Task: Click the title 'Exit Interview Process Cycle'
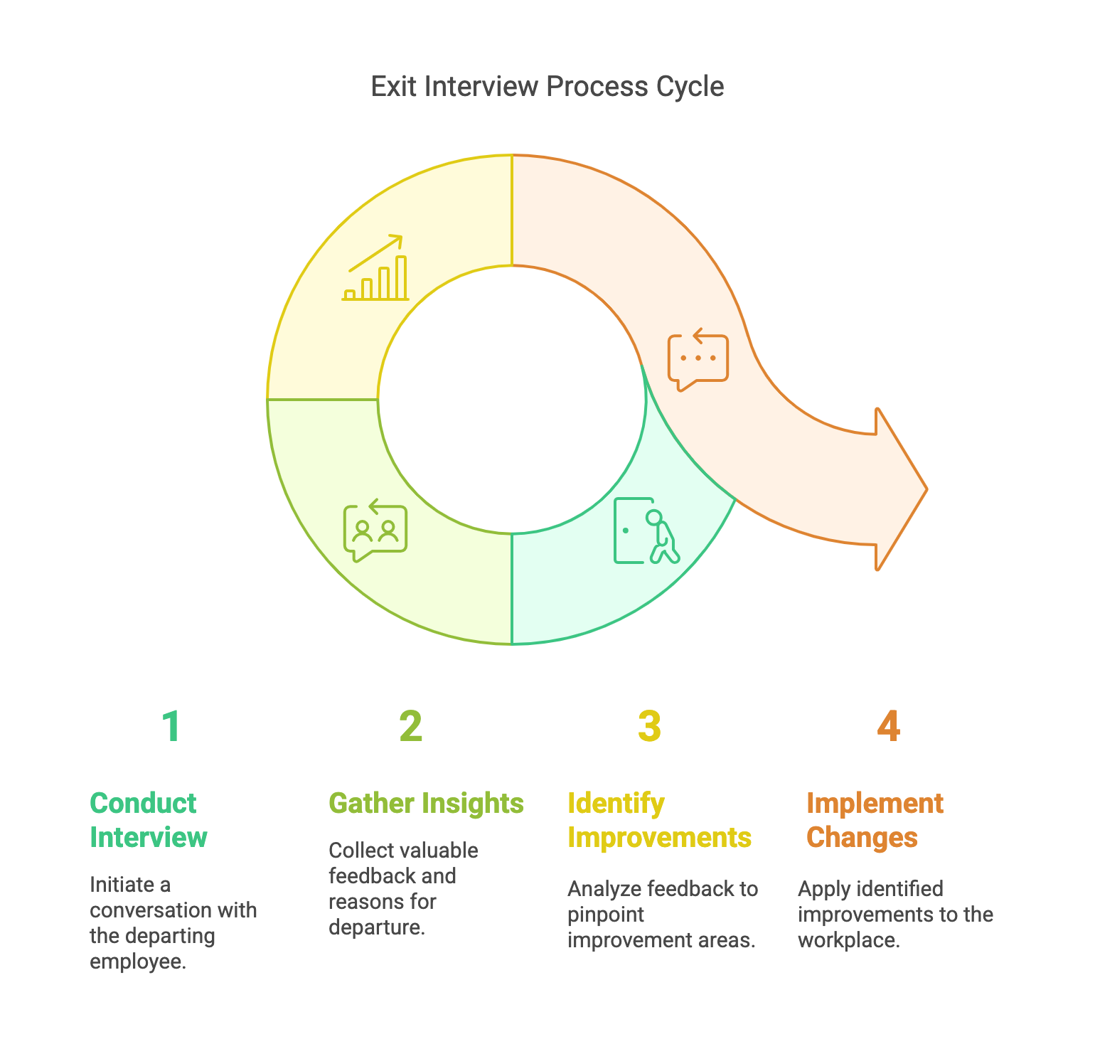(x=547, y=87)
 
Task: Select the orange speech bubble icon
(x=698, y=360)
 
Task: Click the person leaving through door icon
(x=646, y=531)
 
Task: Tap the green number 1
(x=171, y=726)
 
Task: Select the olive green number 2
(x=410, y=726)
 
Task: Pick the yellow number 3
(x=648, y=726)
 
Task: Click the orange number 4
(x=888, y=726)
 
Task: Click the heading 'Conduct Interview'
(x=148, y=820)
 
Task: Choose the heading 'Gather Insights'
(x=426, y=803)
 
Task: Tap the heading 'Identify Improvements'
(x=659, y=820)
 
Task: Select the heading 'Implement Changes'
(x=875, y=820)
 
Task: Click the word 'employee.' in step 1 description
(x=138, y=962)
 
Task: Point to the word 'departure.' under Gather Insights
(x=377, y=927)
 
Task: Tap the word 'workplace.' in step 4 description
(x=849, y=940)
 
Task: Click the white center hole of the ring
(x=512, y=399)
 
